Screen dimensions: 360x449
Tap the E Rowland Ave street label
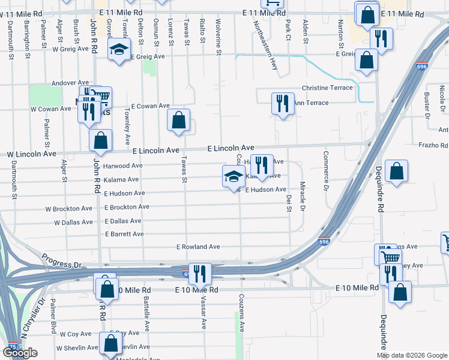[x=198, y=247]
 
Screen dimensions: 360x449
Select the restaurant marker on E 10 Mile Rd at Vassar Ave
[x=200, y=274]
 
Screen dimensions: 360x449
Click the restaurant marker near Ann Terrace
[x=282, y=103]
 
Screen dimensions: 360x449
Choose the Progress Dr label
[x=61, y=261]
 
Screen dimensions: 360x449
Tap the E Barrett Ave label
[x=124, y=234]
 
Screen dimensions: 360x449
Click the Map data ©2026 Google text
[x=412, y=355]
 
